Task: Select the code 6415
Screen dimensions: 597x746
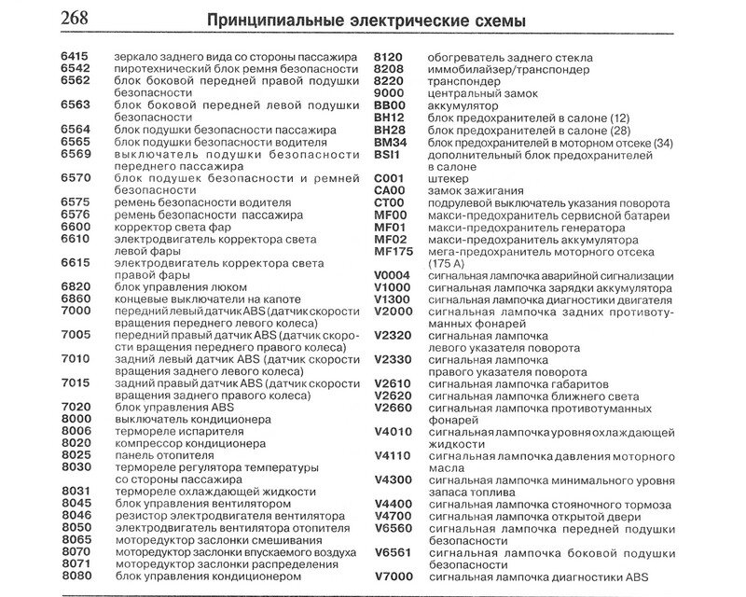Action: pos(76,58)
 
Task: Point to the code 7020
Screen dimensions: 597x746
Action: pos(76,407)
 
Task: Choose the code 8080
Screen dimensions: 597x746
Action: pos(76,576)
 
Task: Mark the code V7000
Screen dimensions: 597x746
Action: pos(394,576)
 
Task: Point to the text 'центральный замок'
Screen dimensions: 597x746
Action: pos(482,94)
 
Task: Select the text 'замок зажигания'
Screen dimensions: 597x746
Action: pos(474,189)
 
